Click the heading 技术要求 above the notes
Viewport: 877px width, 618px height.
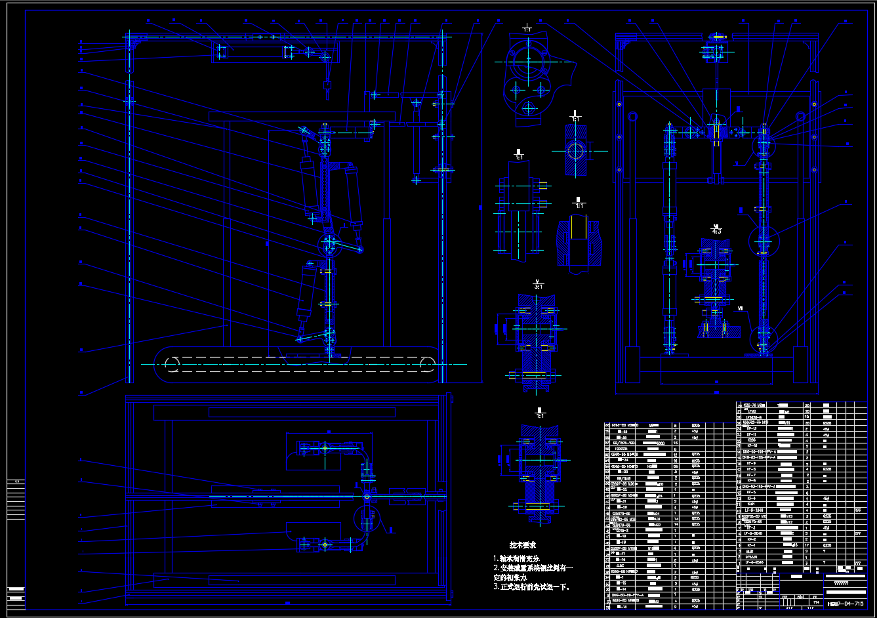tap(523, 545)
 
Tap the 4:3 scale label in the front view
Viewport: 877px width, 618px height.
tap(716, 231)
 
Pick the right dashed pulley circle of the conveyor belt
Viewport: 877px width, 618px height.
tap(426, 363)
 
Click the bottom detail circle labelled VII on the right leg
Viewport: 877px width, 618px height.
tap(762, 335)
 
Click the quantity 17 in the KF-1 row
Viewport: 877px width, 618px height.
tap(807, 545)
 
